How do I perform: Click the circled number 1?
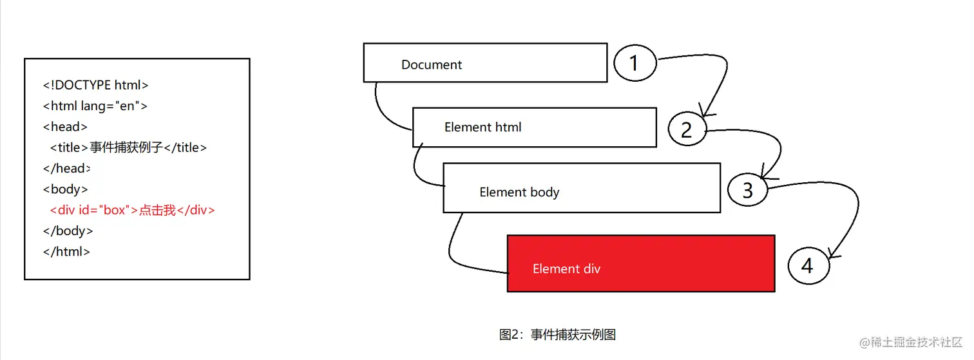point(635,63)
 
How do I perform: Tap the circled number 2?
point(687,130)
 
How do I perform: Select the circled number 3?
point(748,190)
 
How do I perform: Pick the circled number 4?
point(808,265)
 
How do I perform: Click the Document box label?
point(432,65)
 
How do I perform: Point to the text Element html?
point(482,128)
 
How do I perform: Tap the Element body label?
point(519,193)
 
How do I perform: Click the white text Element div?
point(566,269)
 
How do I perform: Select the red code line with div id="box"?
point(132,210)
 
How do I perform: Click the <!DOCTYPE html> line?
point(96,85)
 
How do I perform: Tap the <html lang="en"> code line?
point(95,106)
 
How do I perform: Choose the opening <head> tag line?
point(65,127)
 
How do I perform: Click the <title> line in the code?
point(129,147)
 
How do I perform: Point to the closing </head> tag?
point(67,169)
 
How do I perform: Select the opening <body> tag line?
point(66,189)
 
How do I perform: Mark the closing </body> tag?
point(68,231)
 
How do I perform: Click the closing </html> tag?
point(66,252)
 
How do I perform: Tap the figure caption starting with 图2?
point(558,335)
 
